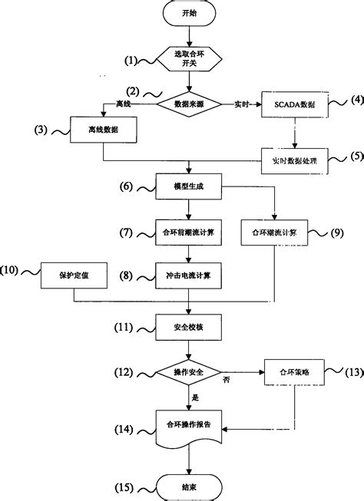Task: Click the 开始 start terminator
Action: (188, 14)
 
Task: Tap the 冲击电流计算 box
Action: (189, 274)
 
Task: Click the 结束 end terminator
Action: (189, 486)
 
